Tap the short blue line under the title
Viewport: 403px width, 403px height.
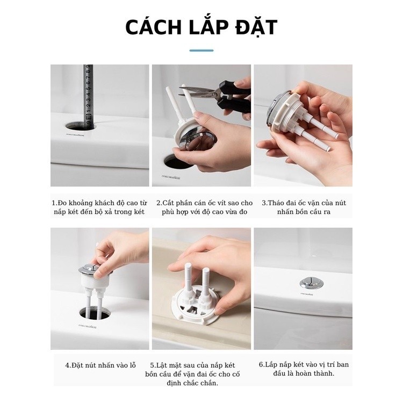click(x=201, y=51)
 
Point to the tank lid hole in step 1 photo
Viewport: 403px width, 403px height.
click(x=80, y=126)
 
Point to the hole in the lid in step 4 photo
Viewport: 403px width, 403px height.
click(x=95, y=313)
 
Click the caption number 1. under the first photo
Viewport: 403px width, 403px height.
click(x=55, y=203)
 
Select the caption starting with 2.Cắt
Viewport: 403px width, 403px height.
click(x=205, y=207)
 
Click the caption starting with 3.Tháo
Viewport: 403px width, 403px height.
click(x=304, y=207)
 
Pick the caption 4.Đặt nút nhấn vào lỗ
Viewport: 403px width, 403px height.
click(x=100, y=365)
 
